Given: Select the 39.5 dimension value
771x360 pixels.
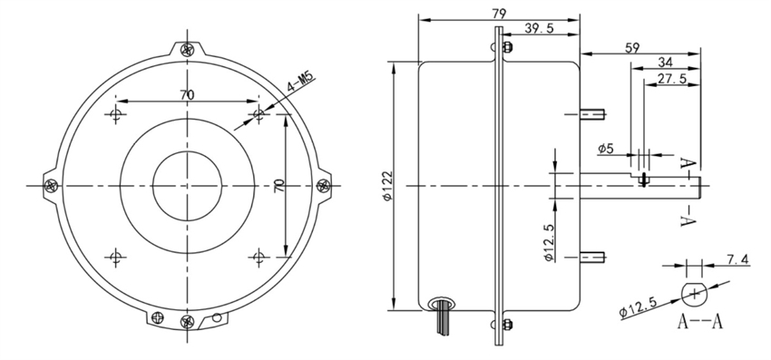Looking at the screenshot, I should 539,29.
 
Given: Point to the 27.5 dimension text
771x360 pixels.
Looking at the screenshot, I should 670,81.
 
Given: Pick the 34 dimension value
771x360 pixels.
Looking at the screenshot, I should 664,63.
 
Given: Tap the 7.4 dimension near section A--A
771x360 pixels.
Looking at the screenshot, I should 738,260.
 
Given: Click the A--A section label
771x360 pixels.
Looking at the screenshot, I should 698,323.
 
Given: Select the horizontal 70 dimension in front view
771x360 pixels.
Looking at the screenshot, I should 187,92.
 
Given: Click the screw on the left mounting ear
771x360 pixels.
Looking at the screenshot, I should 51,185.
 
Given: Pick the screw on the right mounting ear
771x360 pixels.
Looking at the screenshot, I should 323,185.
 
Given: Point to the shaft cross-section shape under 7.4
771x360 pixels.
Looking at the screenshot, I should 695,293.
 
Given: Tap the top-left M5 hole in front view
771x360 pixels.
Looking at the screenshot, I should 115,114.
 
